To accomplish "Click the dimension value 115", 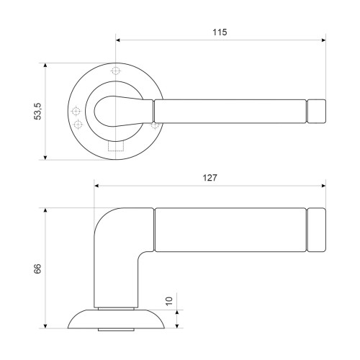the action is pos(220,32).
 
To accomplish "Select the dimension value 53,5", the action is pos(37,111).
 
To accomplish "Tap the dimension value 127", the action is pos(210,178).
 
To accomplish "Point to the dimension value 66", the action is pos(37,269).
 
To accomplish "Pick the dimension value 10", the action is pos(169,301).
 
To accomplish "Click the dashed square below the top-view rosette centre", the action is pos(116,146).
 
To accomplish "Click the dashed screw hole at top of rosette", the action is pos(116,71).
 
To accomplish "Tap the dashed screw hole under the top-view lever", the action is pos(155,125).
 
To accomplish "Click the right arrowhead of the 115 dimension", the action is pos(323,40).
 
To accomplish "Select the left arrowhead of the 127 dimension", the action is pos(96,186).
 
